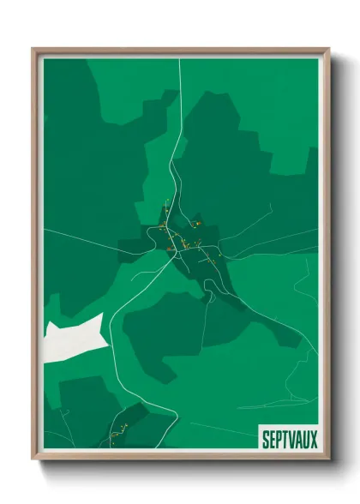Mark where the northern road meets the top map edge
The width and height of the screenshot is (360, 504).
178,59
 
